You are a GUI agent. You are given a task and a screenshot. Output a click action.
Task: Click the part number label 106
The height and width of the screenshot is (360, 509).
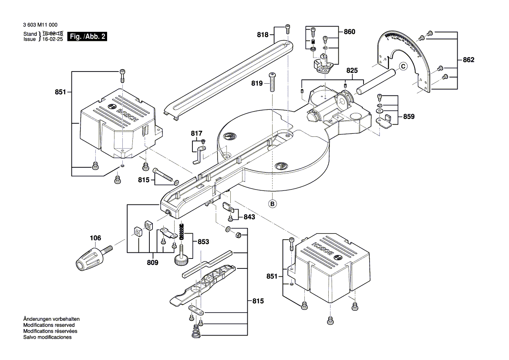click(95, 238)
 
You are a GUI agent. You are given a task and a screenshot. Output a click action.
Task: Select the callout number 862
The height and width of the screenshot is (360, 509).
click(469, 60)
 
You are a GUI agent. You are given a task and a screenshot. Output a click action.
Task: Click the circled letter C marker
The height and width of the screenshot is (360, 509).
click(403, 67)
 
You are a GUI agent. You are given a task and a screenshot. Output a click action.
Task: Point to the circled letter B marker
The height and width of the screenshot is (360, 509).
click(273, 203)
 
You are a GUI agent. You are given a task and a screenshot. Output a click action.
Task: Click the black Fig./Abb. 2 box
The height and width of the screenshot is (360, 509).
click(88, 37)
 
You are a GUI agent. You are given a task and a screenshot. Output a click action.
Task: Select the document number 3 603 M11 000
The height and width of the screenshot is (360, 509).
click(41, 26)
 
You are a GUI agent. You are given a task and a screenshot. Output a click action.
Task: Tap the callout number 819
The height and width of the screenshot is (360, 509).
click(256, 83)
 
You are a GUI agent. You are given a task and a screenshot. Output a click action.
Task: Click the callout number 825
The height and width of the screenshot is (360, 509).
click(352, 71)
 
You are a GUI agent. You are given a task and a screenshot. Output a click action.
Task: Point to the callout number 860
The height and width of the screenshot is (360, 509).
click(349, 32)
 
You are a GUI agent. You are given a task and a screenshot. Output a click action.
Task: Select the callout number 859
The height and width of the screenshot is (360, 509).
click(408, 117)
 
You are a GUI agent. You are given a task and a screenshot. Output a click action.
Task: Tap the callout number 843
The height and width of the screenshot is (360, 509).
click(249, 217)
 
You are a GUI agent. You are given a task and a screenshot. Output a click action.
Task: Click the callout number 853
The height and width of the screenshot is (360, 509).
click(203, 242)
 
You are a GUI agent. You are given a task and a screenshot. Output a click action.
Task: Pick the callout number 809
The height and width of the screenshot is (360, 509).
click(152, 263)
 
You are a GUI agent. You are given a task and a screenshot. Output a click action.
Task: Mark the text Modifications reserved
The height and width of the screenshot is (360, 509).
click(49, 325)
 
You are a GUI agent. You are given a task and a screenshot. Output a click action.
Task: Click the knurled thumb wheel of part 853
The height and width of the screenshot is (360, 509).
click(181, 261)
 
